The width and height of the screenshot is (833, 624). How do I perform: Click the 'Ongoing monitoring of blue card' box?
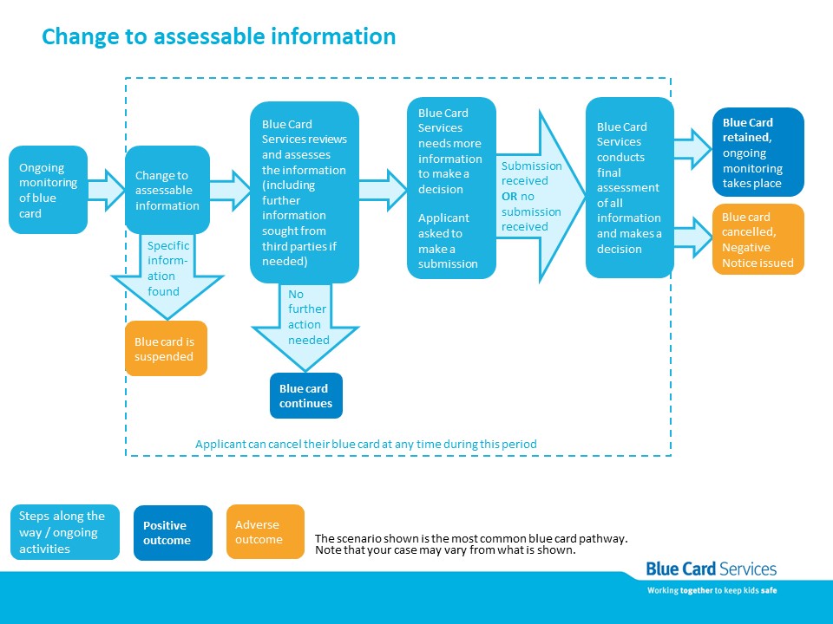click(49, 190)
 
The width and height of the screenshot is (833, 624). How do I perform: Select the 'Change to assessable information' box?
click(167, 190)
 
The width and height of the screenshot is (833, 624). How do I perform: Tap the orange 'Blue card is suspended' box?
click(166, 348)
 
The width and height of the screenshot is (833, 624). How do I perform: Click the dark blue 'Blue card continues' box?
click(306, 396)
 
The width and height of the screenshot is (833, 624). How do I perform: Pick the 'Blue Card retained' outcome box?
click(758, 153)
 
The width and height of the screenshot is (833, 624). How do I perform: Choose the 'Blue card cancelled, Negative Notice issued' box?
click(758, 239)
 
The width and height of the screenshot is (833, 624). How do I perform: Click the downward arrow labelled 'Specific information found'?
click(167, 276)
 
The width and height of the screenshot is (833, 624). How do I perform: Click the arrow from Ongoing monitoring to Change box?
click(106, 190)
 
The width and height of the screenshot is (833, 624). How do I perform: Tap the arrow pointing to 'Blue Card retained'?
click(693, 149)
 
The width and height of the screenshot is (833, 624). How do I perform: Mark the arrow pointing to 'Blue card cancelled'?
click(693, 237)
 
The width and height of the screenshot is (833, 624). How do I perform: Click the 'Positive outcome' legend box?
click(173, 533)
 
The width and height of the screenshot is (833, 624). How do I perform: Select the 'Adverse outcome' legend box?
click(266, 531)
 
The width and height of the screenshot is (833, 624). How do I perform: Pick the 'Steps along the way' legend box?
click(65, 532)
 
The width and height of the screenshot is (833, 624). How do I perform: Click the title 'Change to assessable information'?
click(219, 36)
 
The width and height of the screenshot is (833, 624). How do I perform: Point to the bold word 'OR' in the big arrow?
click(509, 197)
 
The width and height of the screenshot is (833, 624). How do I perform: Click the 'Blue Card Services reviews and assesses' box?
click(305, 192)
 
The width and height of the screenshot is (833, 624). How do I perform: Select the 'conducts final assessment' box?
click(630, 187)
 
